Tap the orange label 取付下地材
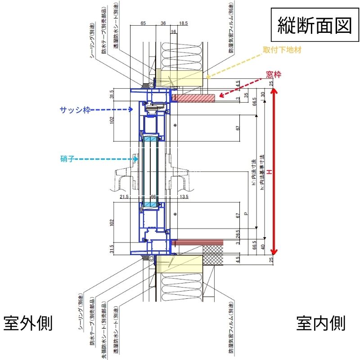coord(283,51)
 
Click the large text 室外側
coord(28,323)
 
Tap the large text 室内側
coord(321,323)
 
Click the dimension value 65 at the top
coord(143,22)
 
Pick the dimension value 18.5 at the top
coord(183,22)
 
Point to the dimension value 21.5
coord(125,197)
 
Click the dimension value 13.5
coord(183,197)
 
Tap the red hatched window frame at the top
coord(194,97)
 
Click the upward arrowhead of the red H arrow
coord(274,91)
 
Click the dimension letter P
coord(246,214)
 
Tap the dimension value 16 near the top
coord(174,31)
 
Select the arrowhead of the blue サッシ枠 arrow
coord(131,109)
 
